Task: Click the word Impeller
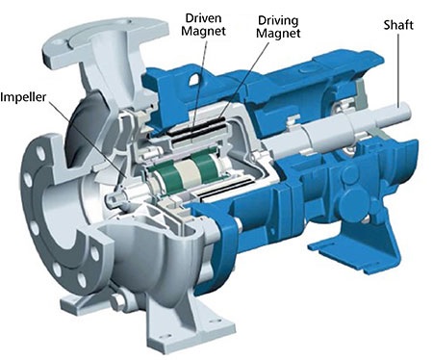click(x=23, y=97)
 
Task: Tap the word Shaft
click(x=398, y=25)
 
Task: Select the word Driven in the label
click(x=204, y=18)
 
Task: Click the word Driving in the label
click(x=278, y=20)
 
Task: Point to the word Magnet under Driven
click(x=204, y=31)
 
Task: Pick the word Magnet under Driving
click(x=278, y=34)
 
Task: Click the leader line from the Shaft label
click(x=398, y=69)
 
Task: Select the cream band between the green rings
click(x=186, y=172)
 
